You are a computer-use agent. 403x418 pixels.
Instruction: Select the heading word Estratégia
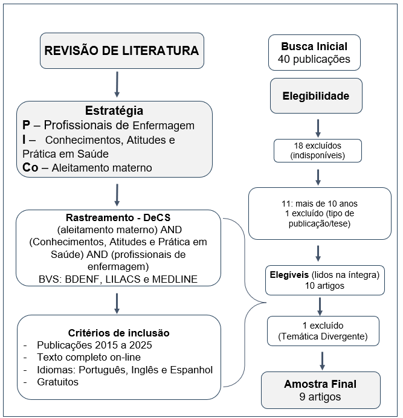tap(114, 111)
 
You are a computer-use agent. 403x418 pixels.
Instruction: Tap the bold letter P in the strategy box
tap(27, 126)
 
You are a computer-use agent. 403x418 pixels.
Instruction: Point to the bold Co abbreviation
tap(30, 167)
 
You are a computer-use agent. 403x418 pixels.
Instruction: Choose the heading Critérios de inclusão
tap(118, 333)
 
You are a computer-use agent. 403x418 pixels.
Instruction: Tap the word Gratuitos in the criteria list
tap(58, 382)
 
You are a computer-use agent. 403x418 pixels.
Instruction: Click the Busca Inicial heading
tap(314, 47)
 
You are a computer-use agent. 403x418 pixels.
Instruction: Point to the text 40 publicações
tap(314, 60)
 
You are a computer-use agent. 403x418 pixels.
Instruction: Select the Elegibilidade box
tap(315, 96)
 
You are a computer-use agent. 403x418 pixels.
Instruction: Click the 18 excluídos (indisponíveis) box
tap(318, 151)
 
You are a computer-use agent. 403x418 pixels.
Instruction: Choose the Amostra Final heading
tap(320, 384)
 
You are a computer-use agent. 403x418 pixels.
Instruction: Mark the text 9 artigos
tap(320, 397)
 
